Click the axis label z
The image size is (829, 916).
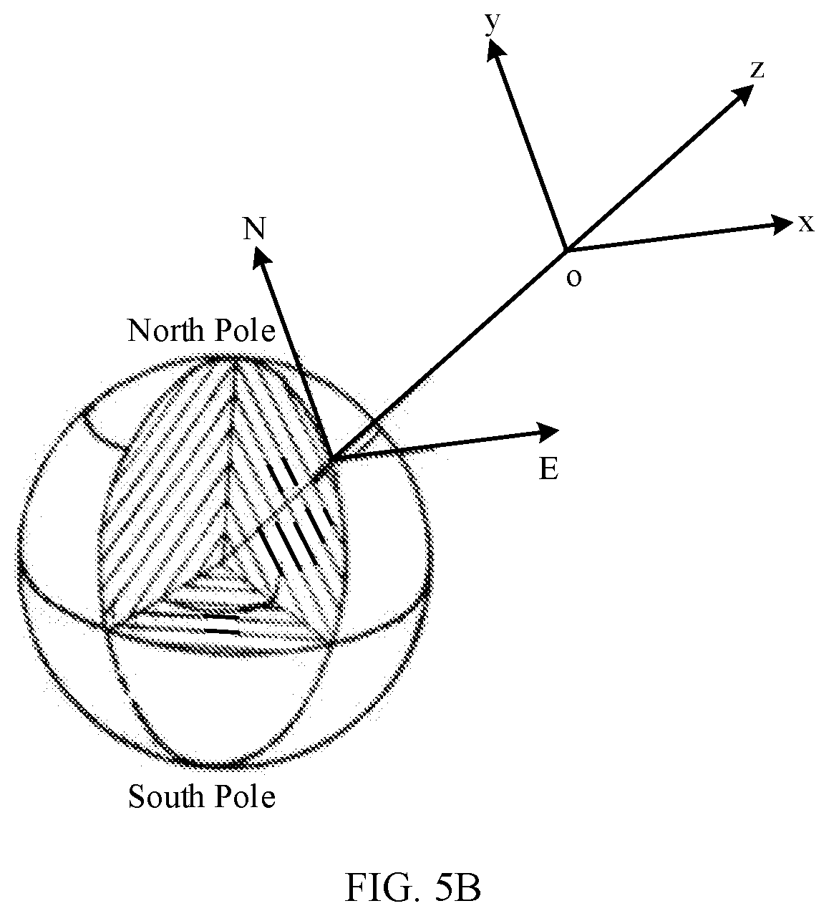point(757,70)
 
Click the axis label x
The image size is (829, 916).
point(806,224)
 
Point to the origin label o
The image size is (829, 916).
point(574,277)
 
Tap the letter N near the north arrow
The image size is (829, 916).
point(254,228)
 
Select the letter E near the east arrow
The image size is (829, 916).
point(548,468)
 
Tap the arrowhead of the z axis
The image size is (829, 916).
point(740,95)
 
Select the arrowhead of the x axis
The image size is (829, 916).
point(780,225)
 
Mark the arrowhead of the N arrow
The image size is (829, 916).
point(261,256)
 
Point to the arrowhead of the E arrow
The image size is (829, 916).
point(547,432)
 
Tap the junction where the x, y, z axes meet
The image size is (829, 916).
point(566,250)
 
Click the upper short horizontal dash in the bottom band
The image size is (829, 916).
point(221,617)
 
